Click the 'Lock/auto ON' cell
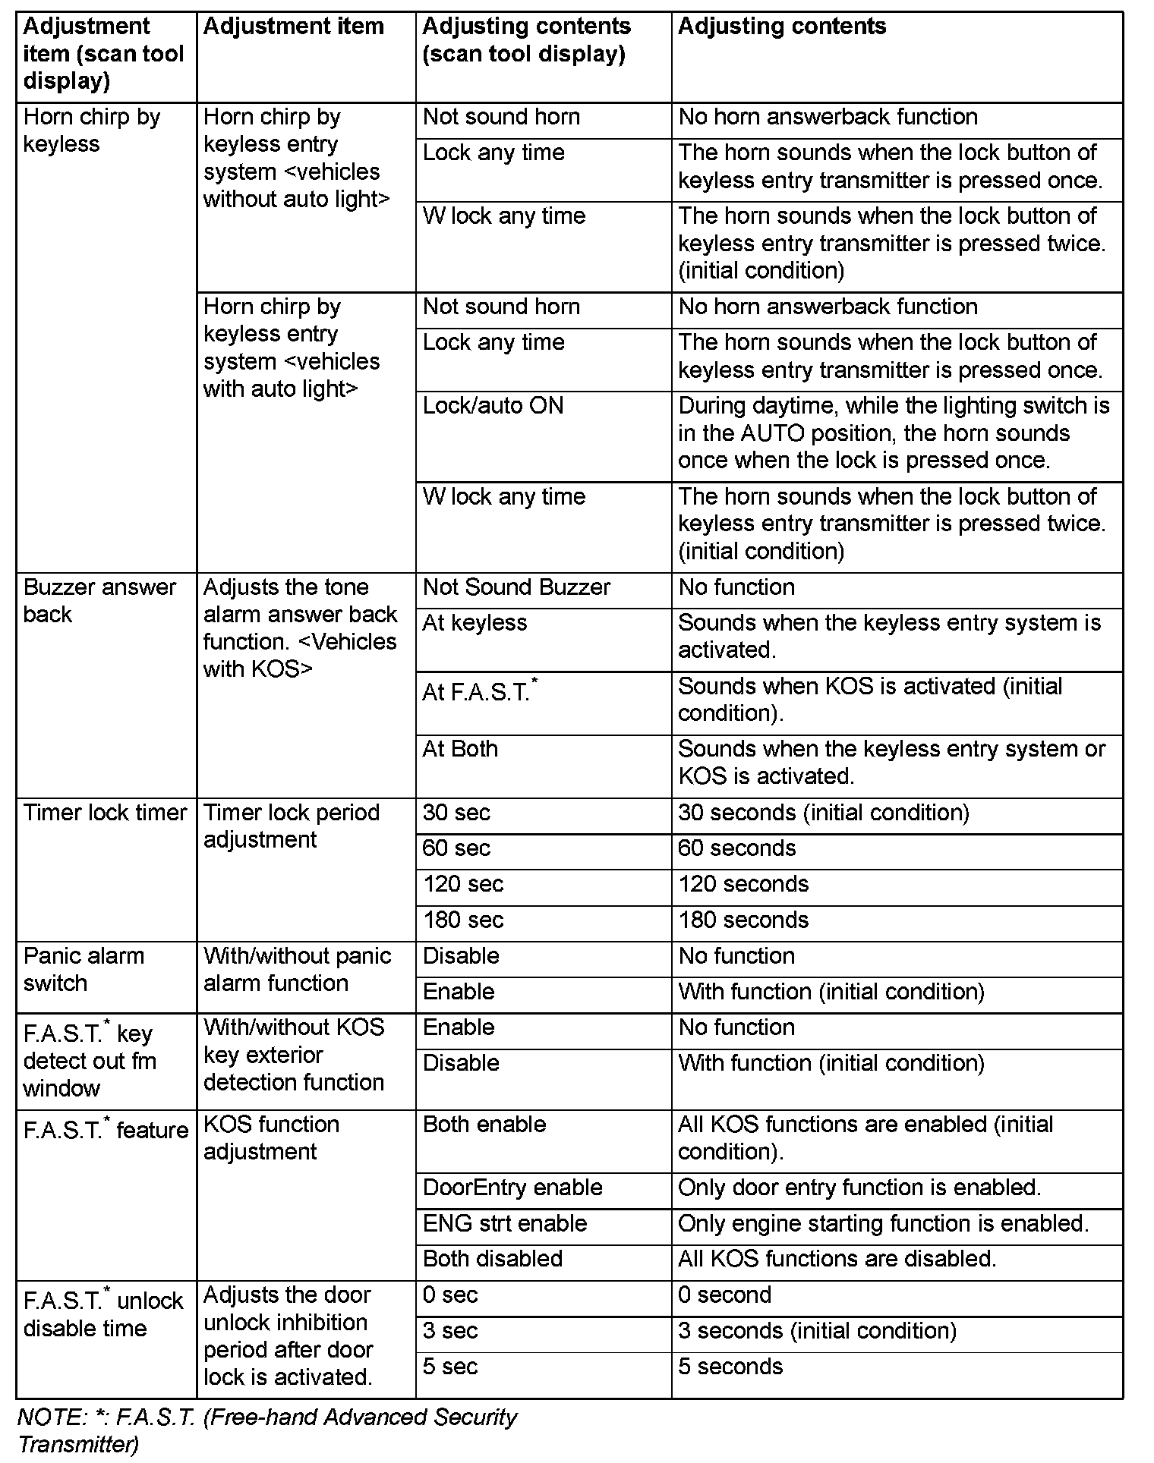click(493, 406)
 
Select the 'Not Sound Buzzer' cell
click(516, 587)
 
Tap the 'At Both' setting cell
click(460, 749)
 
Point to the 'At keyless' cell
click(475, 623)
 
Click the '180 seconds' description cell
click(743, 920)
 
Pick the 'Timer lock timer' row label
click(105, 813)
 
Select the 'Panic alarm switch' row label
click(84, 970)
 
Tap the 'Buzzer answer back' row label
click(99, 600)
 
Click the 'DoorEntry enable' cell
click(512, 1188)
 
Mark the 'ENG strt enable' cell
click(505, 1223)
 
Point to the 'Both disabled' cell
click(493, 1259)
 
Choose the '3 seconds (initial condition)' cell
click(817, 1331)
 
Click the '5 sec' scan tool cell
click(450, 1367)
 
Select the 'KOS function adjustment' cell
click(271, 1138)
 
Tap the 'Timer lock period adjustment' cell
click(291, 826)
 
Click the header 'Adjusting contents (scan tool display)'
click(526, 40)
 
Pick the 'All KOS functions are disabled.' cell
click(837, 1259)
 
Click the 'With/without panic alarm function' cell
click(297, 970)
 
